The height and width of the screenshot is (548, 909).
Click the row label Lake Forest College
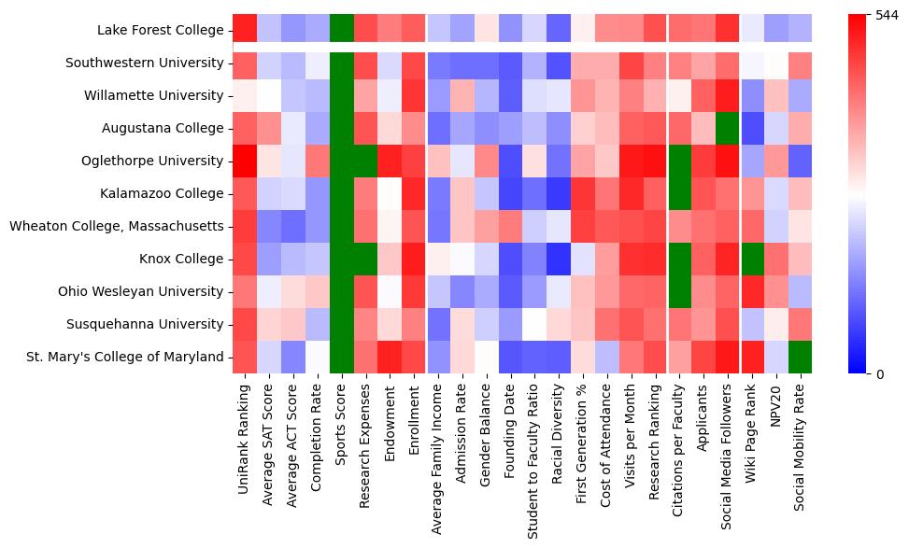[161, 31]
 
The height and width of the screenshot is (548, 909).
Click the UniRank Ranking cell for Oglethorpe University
[245, 161]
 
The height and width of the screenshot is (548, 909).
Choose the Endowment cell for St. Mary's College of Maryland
[391, 357]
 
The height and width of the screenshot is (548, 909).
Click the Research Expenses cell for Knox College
[366, 259]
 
